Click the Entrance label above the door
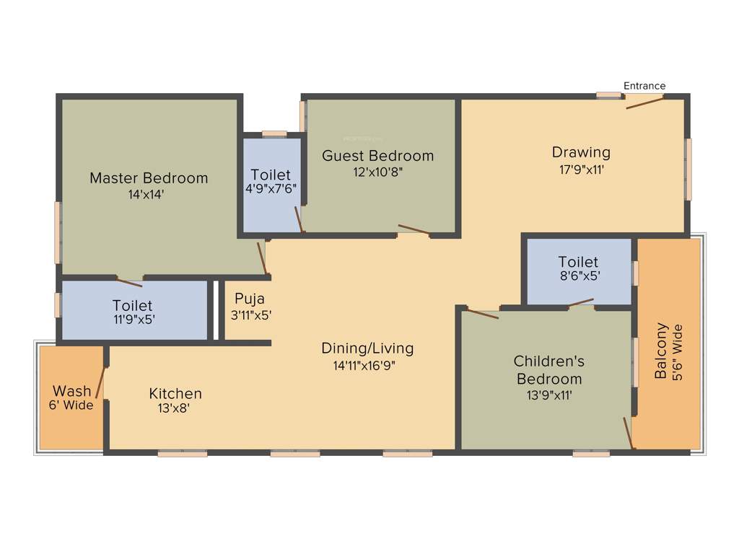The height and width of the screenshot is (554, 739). (644, 86)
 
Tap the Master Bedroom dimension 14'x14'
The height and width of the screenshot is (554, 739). (148, 193)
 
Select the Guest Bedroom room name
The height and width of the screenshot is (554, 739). (377, 156)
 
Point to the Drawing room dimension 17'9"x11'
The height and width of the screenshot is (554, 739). (581, 170)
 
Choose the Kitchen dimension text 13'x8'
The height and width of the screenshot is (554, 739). (175, 408)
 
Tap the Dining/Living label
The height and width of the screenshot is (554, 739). (367, 348)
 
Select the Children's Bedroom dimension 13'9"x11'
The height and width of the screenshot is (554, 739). (548, 395)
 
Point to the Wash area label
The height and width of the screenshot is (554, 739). (72, 391)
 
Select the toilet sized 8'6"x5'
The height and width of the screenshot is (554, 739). (578, 268)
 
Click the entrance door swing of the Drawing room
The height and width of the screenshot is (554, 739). (644, 102)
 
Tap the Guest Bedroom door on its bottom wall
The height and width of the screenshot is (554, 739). (414, 231)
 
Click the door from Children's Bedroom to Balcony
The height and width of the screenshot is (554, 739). (629, 433)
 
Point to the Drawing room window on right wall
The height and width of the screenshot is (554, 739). (688, 170)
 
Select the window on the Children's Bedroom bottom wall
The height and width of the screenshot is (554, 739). (591, 454)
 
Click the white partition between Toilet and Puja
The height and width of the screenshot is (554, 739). (214, 309)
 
